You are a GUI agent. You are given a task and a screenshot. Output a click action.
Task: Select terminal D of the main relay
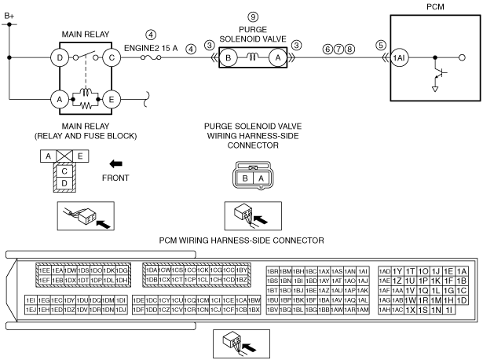pyautogui.click(x=57, y=57)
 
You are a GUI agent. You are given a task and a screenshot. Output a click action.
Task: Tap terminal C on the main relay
pyautogui.click(x=112, y=57)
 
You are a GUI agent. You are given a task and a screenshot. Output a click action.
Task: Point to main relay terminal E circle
pyautogui.click(x=112, y=99)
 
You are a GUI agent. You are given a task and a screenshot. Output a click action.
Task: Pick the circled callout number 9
pyautogui.click(x=253, y=17)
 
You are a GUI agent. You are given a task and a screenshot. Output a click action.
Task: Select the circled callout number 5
pyautogui.click(x=381, y=46)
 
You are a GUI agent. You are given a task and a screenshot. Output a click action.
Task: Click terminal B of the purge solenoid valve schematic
pyautogui.click(x=229, y=57)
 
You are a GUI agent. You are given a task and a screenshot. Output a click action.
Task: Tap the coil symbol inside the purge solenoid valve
pyautogui.click(x=253, y=57)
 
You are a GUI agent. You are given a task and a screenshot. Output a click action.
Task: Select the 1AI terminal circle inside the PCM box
pyautogui.click(x=401, y=57)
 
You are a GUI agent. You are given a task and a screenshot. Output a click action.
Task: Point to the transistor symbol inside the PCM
pyautogui.click(x=440, y=75)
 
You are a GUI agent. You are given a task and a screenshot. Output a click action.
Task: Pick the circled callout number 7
pyautogui.click(x=338, y=46)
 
